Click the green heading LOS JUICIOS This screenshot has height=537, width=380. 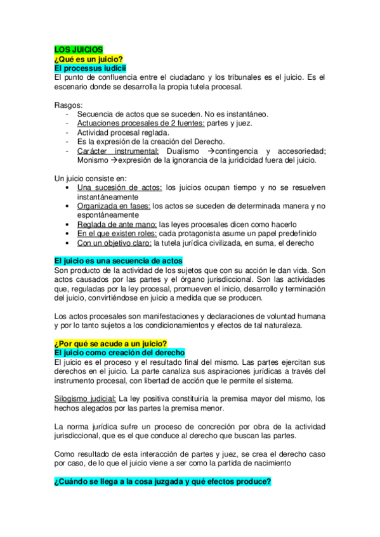74,49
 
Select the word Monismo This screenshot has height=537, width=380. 93,160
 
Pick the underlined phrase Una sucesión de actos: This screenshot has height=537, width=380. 119,188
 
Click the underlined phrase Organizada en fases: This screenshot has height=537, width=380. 114,206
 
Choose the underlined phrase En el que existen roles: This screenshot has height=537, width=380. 117,234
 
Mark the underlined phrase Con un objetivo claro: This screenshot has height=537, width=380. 114,243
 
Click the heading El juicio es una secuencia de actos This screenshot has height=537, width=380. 119,261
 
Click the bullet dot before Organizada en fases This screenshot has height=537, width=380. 68,206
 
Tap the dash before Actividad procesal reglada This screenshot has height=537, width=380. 67,132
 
